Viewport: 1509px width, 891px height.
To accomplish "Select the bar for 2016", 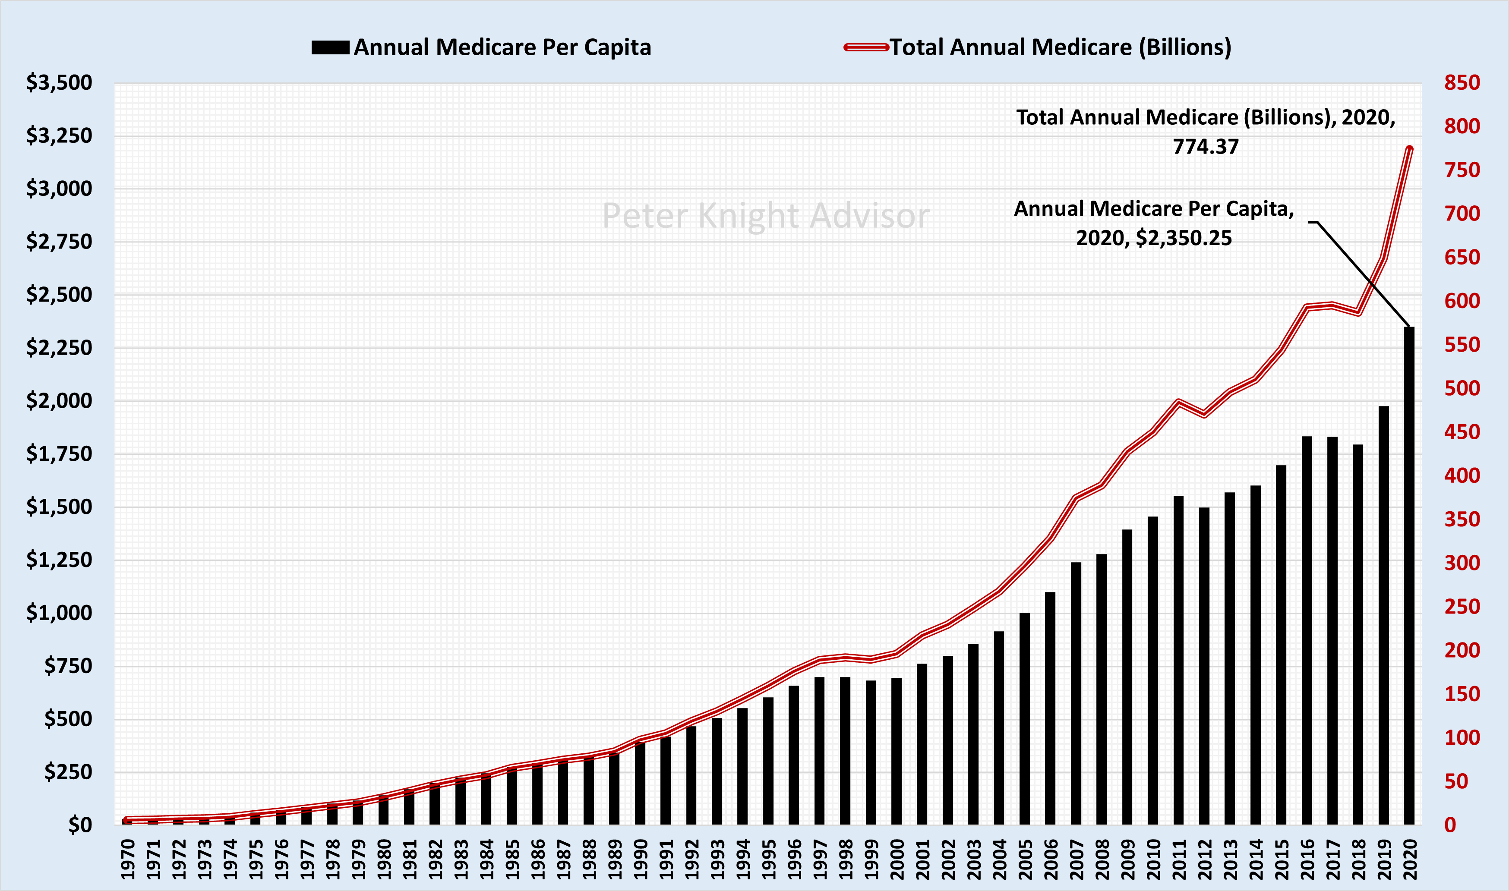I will (x=1307, y=630).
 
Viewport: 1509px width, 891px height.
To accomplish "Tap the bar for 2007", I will (x=1076, y=693).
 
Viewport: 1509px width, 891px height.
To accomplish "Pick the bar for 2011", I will (x=1178, y=661).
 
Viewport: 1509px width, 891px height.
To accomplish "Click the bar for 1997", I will (x=819, y=750).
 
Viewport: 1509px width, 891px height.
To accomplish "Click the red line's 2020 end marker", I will (x=1409, y=149).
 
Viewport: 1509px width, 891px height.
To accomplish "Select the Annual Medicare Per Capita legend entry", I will (x=481, y=47).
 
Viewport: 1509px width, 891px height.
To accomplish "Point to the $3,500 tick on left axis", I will (x=59, y=82).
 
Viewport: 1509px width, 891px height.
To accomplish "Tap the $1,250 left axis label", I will (x=59, y=560).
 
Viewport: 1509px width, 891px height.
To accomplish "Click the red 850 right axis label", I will (x=1462, y=82).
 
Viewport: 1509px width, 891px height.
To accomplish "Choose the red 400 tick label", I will (x=1462, y=475).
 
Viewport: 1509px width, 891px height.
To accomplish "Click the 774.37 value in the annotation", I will (x=1206, y=147).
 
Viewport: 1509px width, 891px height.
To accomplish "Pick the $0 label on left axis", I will (x=79, y=825).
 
